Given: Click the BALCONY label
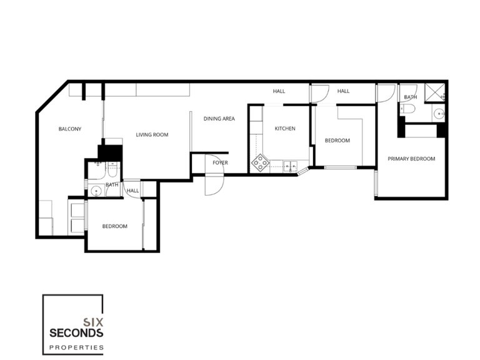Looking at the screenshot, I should point(70,129).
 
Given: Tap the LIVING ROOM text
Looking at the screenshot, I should point(152,134).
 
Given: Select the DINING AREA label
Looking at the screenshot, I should point(219,118).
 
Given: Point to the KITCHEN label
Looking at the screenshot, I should point(285,129).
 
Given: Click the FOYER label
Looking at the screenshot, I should point(219,162).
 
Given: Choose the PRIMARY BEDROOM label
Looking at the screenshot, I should point(411,159).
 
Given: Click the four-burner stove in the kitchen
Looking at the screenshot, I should point(260,164).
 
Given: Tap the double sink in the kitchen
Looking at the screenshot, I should point(290,166).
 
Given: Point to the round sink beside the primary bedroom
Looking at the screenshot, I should point(439,114).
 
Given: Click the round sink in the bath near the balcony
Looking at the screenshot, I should point(96,191).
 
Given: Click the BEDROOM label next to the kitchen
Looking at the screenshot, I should point(337,141).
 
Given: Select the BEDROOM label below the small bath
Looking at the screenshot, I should point(115,226).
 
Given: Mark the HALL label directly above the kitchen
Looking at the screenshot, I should point(279,91).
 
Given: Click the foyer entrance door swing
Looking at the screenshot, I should point(213,184).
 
